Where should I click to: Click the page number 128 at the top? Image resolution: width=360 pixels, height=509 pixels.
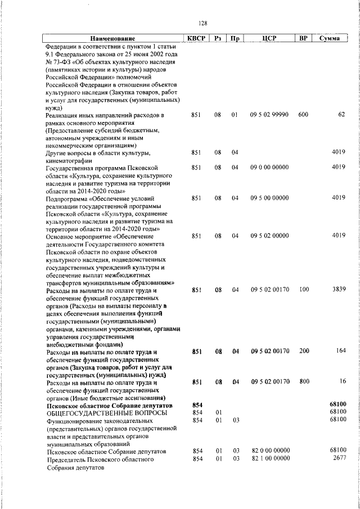(x=203, y=23)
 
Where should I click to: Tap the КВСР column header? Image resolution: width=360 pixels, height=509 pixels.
(x=196, y=39)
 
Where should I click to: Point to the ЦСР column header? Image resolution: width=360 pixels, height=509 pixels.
(x=268, y=39)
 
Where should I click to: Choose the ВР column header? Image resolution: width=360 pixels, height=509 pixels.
(x=303, y=39)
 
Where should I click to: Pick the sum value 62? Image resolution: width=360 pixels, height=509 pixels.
(x=341, y=115)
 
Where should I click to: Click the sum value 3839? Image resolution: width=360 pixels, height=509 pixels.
(x=338, y=290)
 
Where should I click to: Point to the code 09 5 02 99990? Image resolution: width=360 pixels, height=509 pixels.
(x=269, y=115)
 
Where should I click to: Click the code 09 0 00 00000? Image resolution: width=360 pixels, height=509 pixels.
(x=269, y=167)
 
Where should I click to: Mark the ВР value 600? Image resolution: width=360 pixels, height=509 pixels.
(x=303, y=115)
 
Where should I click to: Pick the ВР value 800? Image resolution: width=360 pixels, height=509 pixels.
(x=304, y=382)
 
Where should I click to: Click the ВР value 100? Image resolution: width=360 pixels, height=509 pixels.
(x=304, y=290)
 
